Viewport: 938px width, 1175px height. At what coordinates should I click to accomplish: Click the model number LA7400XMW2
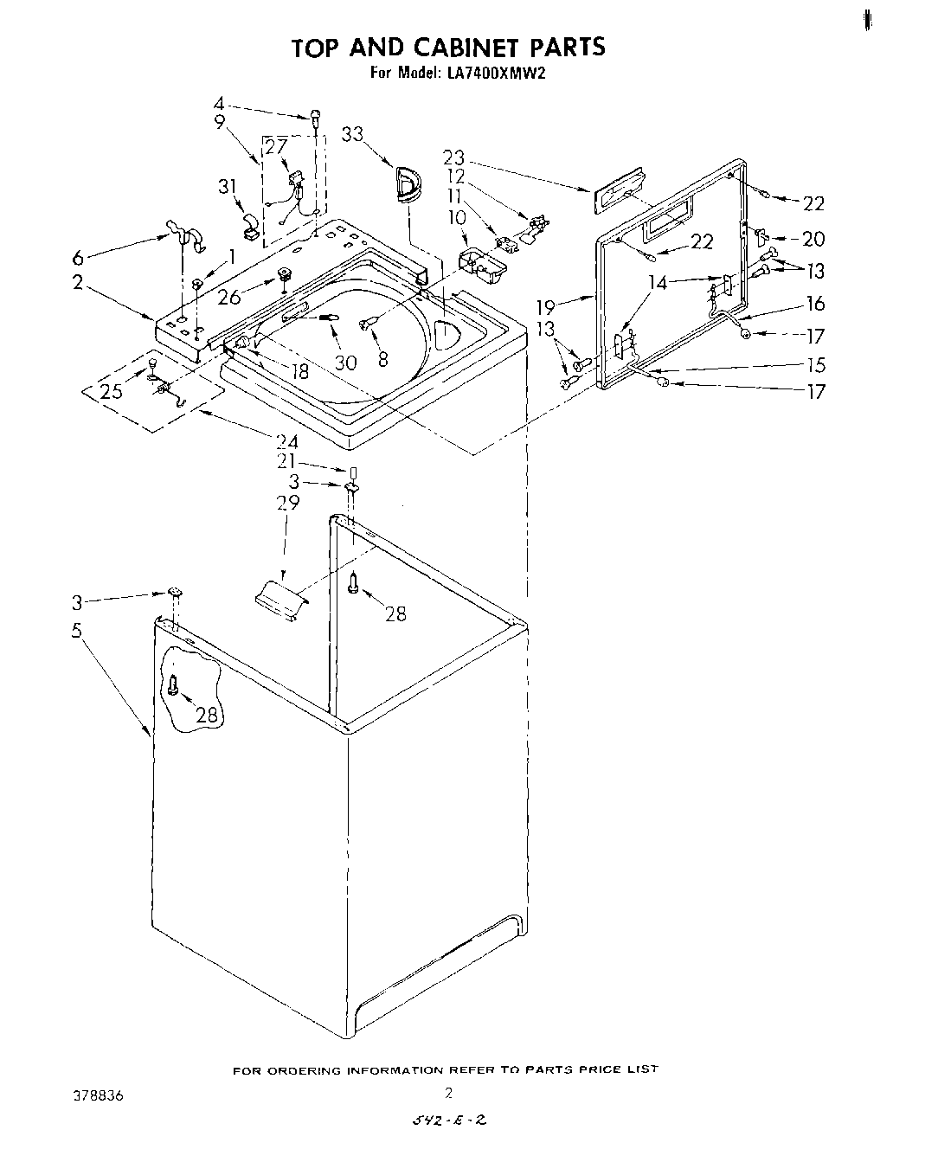click(497, 74)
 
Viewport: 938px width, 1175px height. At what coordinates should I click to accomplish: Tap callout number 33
click(351, 134)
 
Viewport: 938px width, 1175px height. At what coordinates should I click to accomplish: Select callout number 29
click(288, 503)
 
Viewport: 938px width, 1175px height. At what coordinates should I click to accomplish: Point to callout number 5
click(77, 630)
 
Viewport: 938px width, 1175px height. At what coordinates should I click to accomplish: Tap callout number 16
click(815, 304)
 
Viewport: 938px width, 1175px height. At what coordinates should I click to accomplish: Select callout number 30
click(345, 363)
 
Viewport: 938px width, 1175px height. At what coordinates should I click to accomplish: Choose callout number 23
click(453, 157)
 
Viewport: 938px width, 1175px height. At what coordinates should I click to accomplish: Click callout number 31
click(227, 186)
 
